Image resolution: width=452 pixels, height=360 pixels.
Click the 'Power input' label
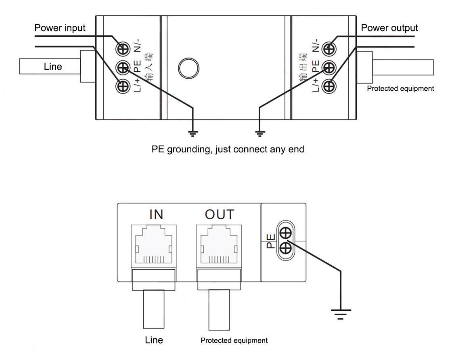pyautogui.click(x=60, y=28)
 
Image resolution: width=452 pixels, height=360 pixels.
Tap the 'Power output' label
pyautogui.click(x=389, y=28)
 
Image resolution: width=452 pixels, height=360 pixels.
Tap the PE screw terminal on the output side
pyautogui.click(x=330, y=67)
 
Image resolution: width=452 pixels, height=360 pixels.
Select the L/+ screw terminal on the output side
pyautogui.click(x=330, y=86)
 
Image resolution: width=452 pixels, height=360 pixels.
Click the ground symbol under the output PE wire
pyautogui.click(x=259, y=131)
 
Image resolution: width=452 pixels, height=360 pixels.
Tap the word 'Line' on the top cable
pyautogui.click(x=53, y=67)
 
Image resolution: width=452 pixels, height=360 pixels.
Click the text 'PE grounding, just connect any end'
pyautogui.click(x=228, y=149)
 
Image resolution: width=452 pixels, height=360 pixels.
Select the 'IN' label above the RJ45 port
pyautogui.click(x=156, y=214)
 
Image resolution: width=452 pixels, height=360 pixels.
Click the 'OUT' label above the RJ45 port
pyautogui.click(x=219, y=214)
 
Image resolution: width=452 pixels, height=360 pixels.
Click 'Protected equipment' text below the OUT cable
pyautogui.click(x=234, y=341)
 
